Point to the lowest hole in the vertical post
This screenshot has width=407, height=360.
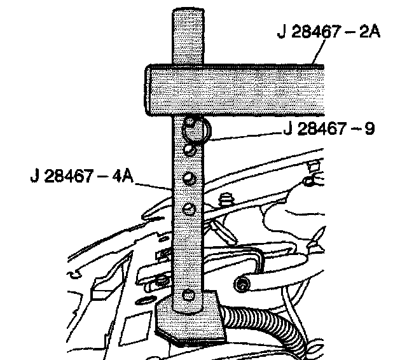tap(186, 294)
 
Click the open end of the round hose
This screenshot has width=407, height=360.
tap(242, 284)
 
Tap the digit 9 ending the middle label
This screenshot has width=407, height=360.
tap(368, 129)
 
